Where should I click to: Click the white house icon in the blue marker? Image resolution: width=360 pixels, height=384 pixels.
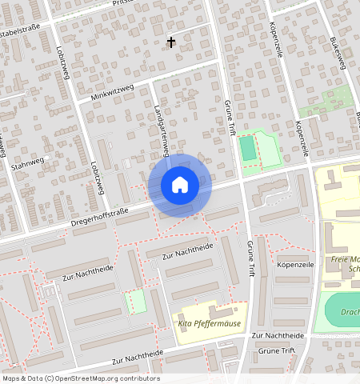180,185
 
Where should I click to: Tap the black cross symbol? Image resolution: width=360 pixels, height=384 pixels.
170,42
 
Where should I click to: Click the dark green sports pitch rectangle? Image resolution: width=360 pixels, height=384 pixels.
248,147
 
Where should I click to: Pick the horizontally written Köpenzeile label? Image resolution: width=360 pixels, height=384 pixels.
294,263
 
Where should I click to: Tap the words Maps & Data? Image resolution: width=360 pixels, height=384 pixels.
21,378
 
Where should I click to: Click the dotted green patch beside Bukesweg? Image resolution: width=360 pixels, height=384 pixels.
326,102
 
